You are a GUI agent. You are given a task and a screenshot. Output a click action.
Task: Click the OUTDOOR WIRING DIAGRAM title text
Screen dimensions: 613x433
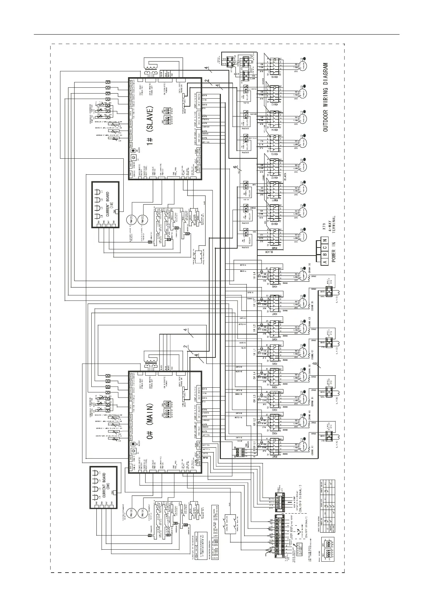(x=326, y=97)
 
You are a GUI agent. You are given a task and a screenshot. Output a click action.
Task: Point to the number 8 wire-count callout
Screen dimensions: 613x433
(x=318, y=364)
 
